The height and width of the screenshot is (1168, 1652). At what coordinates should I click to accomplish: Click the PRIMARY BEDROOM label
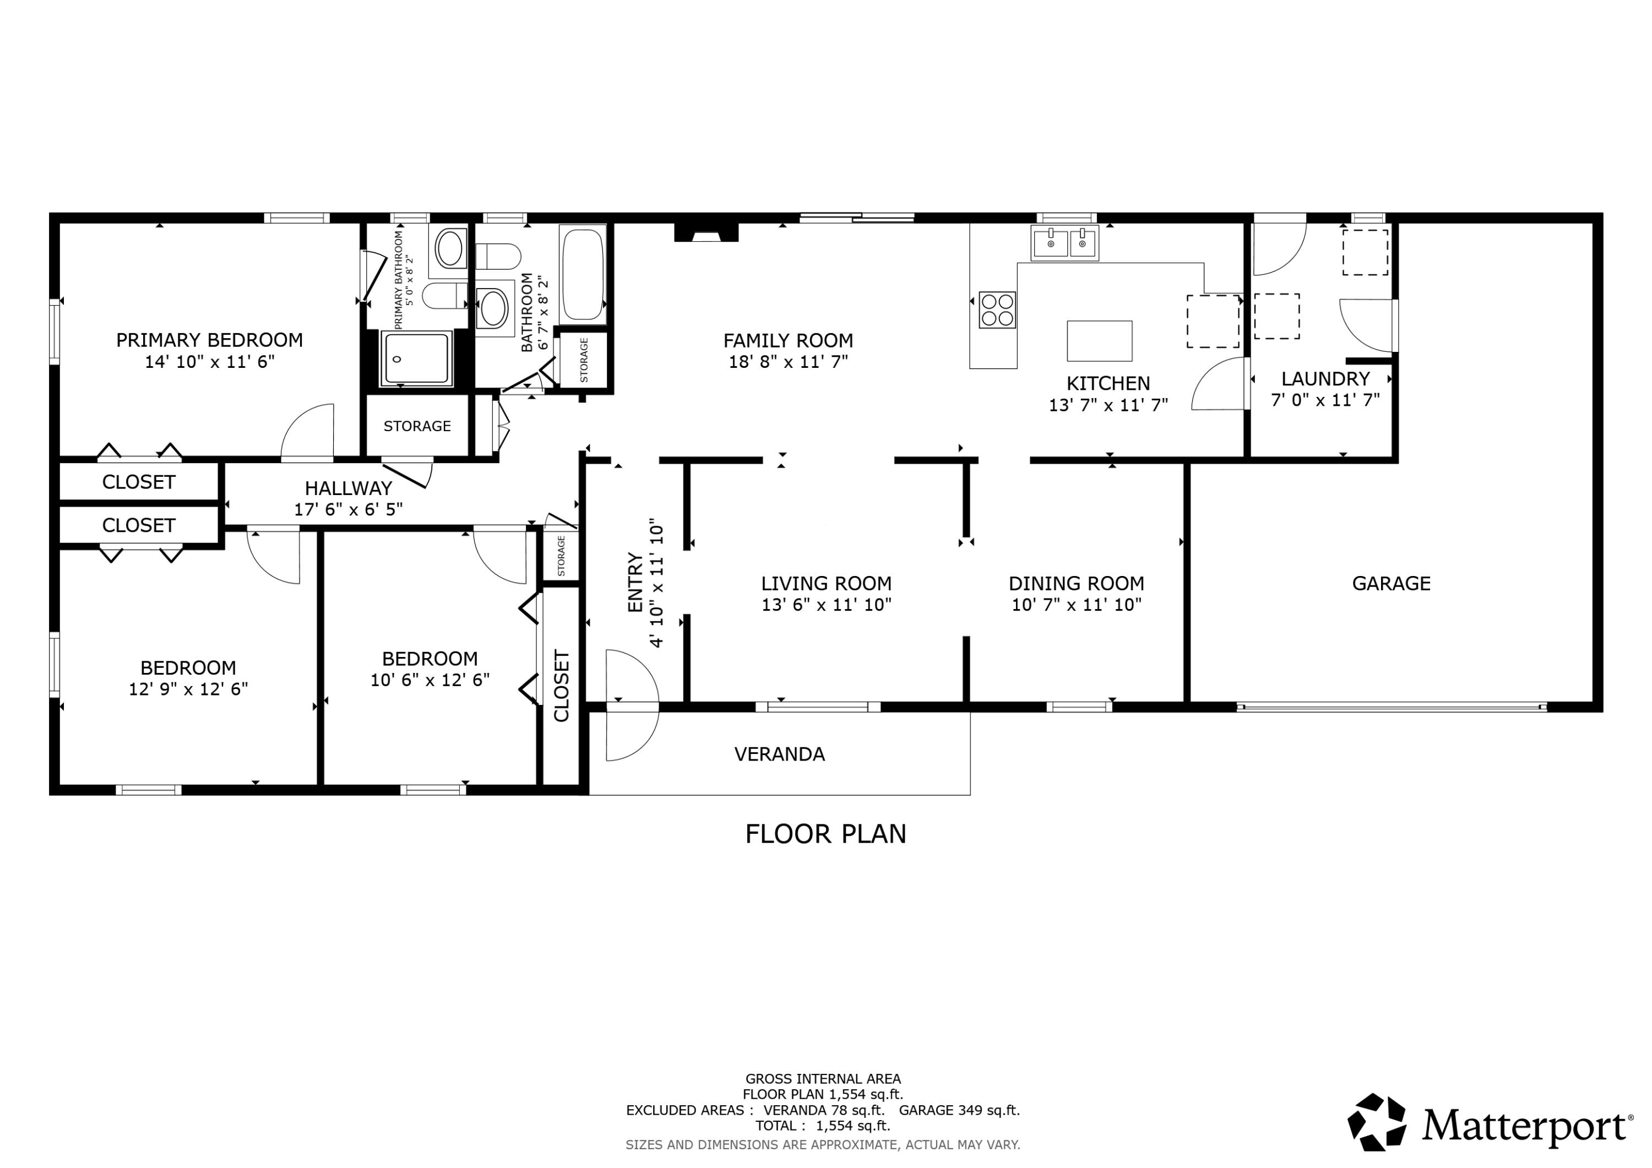[x=209, y=340]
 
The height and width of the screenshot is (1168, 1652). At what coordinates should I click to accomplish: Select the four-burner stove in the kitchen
[x=997, y=309]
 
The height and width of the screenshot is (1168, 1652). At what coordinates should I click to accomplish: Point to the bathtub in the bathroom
[x=582, y=274]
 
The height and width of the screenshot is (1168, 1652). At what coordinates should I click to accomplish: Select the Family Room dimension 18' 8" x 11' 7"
[x=788, y=361]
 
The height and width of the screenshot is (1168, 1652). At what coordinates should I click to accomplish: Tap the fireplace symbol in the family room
[x=706, y=232]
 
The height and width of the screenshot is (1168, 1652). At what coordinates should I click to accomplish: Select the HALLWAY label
[x=348, y=488]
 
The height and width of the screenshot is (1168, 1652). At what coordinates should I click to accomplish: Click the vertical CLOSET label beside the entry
[x=561, y=685]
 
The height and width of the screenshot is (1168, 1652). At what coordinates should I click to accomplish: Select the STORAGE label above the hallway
[x=417, y=426]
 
